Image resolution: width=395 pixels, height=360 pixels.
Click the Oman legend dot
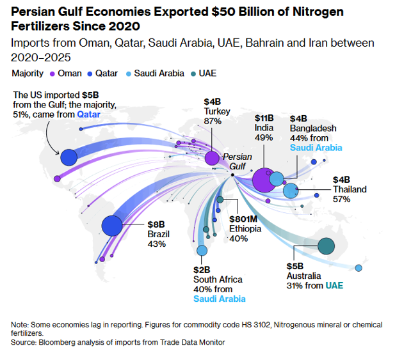(x=52, y=74)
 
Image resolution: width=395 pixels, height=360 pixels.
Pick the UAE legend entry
(x=207, y=74)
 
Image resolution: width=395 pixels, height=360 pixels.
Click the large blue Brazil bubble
(x=112, y=225)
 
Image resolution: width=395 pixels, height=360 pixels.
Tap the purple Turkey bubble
(x=212, y=157)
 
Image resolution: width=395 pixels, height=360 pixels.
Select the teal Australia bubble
(x=326, y=245)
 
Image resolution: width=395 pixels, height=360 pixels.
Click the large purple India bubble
(x=264, y=180)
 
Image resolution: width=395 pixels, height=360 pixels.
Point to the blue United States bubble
(x=68, y=156)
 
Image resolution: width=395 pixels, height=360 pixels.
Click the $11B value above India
(x=264, y=118)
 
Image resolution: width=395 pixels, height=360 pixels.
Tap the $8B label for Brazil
(x=156, y=224)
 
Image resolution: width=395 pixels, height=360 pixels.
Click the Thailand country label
(x=350, y=189)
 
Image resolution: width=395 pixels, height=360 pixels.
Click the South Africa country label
(x=218, y=279)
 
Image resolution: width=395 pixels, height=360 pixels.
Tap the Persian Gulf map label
(x=237, y=161)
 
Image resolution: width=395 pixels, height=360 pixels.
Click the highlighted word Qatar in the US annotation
(x=89, y=114)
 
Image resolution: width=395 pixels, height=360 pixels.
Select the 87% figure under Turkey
(x=213, y=121)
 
